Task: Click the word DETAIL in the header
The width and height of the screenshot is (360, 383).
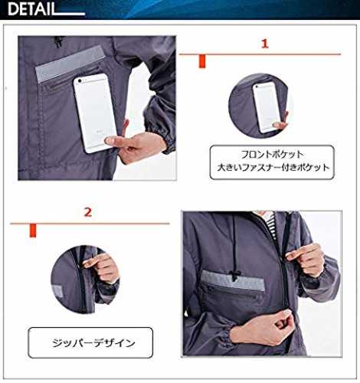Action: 32,9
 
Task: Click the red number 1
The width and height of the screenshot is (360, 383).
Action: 265,44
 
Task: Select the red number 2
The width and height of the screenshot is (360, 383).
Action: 88,212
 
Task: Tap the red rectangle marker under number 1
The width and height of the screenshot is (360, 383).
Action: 202,61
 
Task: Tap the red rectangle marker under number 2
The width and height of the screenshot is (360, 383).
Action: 33,231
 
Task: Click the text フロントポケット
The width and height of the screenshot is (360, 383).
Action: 272,154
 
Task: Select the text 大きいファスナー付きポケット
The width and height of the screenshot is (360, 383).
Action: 273,168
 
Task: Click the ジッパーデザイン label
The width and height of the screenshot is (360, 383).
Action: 93,343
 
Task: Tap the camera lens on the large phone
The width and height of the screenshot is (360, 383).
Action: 80,81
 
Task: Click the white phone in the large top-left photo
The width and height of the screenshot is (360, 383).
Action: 95,113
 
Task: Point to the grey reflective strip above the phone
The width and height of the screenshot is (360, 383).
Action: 70,64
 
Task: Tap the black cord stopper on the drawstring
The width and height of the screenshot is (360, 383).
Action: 234,275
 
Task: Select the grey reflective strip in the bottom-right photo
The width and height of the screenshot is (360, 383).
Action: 233,280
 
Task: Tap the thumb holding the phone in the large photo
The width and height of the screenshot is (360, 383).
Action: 113,140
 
